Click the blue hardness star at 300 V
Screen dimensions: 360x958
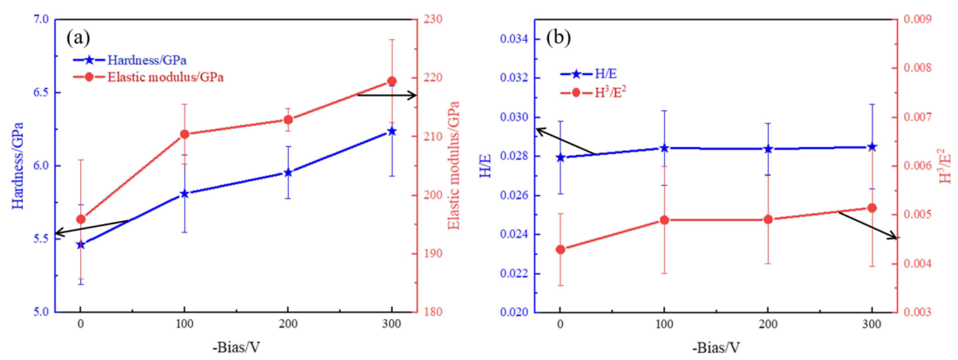coord(392,131)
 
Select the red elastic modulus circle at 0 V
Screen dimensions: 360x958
coord(81,220)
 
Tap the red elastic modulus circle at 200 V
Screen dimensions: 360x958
coord(288,120)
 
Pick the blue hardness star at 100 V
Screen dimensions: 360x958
coord(184,194)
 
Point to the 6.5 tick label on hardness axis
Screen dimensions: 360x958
coord(41,92)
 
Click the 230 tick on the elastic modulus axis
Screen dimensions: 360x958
coord(433,19)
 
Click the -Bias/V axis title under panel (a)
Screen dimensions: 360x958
coord(236,347)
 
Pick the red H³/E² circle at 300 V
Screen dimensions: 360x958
coord(872,208)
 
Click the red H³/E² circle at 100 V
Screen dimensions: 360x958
coord(664,220)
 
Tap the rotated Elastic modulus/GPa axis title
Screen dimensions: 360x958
coord(454,165)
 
